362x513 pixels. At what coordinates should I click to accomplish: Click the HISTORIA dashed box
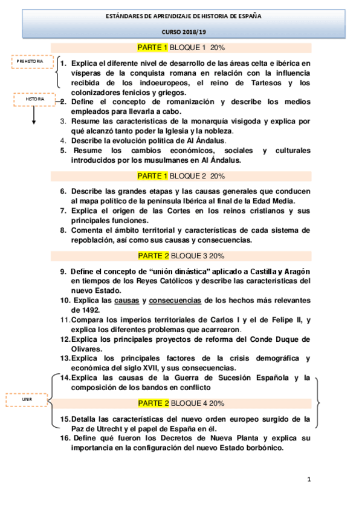(x=34, y=99)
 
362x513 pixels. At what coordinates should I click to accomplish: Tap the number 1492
(x=83, y=310)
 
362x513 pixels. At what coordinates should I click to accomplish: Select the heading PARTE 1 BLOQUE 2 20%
(x=181, y=176)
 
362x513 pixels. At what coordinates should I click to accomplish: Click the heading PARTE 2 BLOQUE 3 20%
(x=181, y=255)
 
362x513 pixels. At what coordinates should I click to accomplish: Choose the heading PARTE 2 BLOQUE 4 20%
(x=181, y=403)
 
